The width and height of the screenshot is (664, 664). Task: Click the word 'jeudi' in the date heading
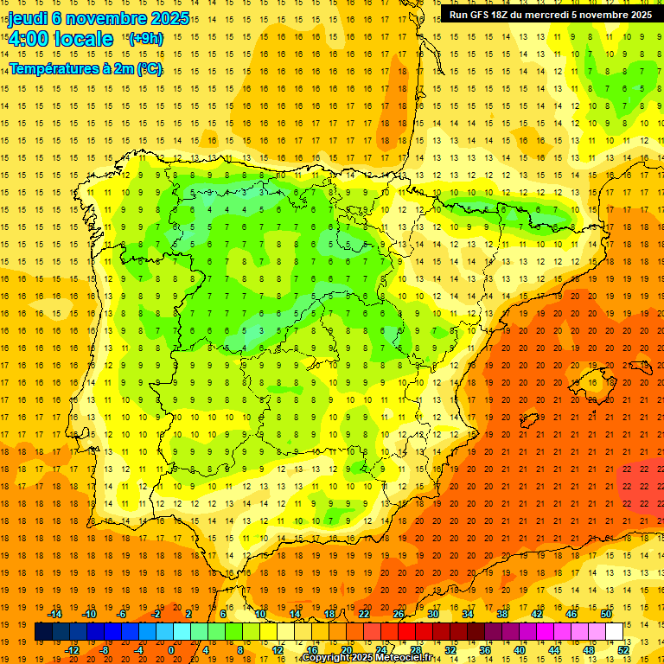coord(28,18)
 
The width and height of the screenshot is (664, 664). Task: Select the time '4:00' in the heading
coord(29,39)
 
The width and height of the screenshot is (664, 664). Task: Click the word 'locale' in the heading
coord(84,39)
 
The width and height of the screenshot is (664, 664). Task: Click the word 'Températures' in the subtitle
coord(54,68)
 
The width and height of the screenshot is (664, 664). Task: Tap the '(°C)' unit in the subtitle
coord(149,68)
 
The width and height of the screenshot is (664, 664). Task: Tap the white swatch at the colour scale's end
coord(615,632)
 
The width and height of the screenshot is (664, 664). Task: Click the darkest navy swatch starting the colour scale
coord(43,632)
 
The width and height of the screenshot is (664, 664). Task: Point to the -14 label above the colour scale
coord(57,614)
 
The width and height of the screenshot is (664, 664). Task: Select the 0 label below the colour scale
coord(170,650)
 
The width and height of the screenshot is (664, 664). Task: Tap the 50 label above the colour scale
coord(606,614)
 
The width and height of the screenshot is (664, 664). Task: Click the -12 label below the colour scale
coord(72,650)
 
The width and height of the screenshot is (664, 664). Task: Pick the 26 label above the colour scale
coord(399,614)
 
